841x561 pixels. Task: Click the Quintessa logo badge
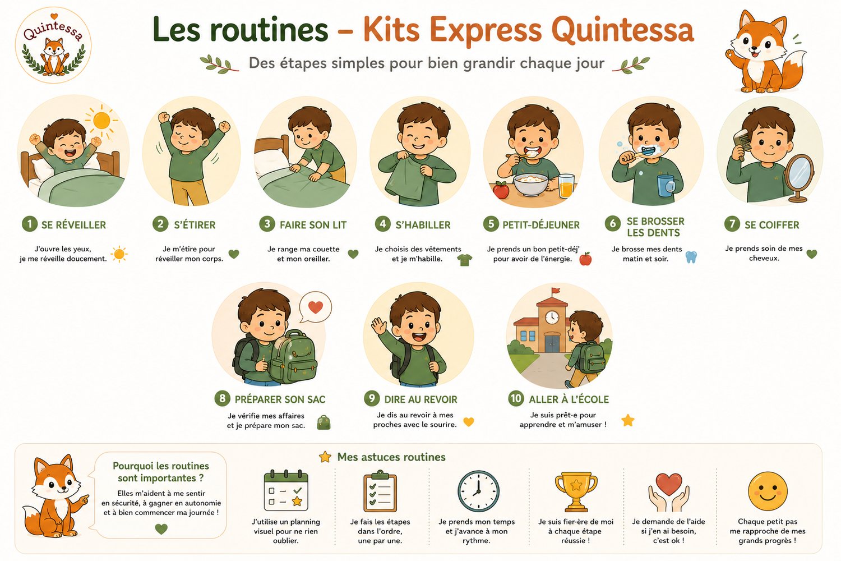click(x=53, y=45)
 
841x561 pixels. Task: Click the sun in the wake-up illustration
click(x=101, y=121)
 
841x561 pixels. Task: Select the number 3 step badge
click(x=267, y=224)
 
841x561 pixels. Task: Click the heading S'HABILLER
click(x=423, y=225)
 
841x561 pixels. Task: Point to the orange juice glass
click(x=566, y=186)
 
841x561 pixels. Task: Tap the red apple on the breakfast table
click(x=501, y=190)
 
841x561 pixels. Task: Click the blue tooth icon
click(x=691, y=257)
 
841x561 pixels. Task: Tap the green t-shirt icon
click(x=465, y=260)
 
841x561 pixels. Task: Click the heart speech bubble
click(x=315, y=307)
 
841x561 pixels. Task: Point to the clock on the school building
click(x=552, y=317)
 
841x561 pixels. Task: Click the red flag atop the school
click(x=556, y=291)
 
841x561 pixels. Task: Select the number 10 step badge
click(x=516, y=398)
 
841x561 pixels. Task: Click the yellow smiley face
click(x=768, y=491)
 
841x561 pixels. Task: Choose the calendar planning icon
click(x=286, y=490)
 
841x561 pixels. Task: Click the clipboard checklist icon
click(x=380, y=491)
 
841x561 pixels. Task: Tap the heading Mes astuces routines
click(x=391, y=457)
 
